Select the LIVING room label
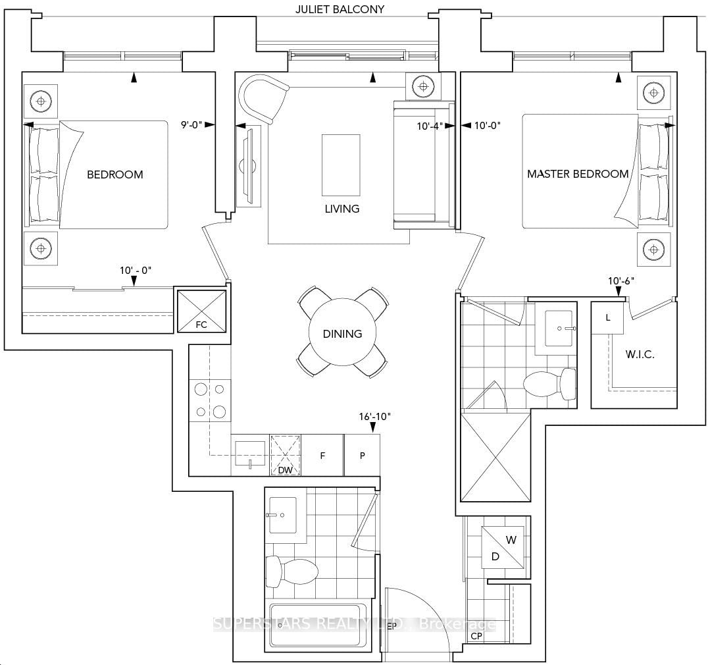342,209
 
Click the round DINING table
342,333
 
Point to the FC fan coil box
202,309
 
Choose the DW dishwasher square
286,455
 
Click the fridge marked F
323,455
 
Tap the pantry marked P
362,455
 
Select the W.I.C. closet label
640,354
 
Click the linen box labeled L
608,317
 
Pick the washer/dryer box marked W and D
503,548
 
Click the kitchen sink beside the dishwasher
250,451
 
